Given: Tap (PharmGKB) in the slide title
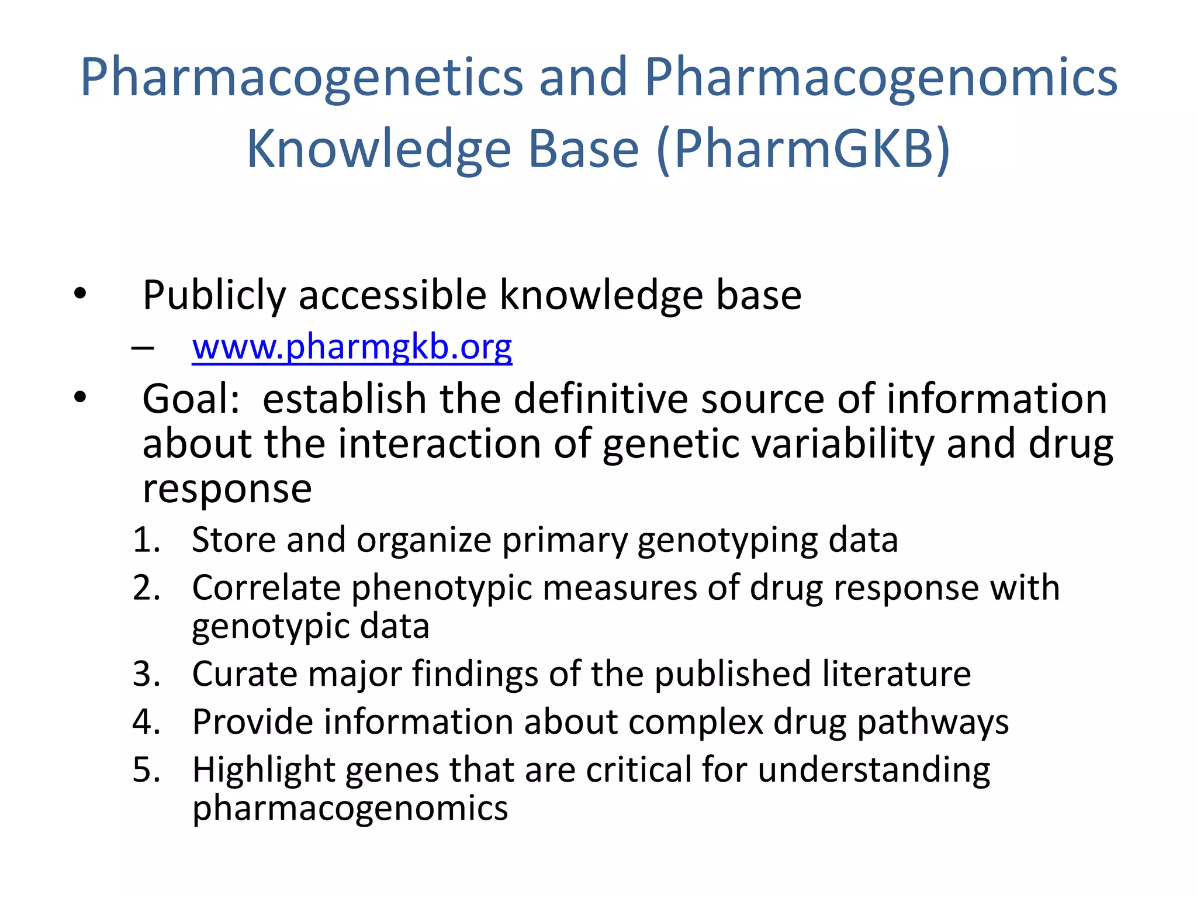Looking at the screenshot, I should (804, 150).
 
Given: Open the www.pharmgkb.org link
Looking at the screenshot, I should (352, 347).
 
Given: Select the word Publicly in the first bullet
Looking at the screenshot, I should (214, 296).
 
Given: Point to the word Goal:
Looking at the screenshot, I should (191, 399).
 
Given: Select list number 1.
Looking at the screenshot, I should (146, 540).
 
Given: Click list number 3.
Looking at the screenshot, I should (146, 674).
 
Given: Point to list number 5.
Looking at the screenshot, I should (146, 770).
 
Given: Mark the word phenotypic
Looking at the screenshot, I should (441, 589).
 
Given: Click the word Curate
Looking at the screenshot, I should (244, 674).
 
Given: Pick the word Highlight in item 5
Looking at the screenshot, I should (263, 771).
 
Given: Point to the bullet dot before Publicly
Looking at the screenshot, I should (80, 293).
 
